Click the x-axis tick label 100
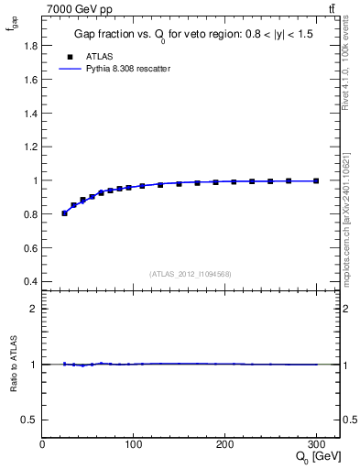tap(134, 444)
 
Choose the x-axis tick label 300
tap(317, 444)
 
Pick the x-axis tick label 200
tap(225, 444)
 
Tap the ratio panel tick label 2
tap(33, 309)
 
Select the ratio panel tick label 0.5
tap(29, 420)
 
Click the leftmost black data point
tap(64, 213)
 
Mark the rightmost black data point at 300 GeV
tap(316, 181)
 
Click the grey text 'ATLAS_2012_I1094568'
tap(191, 273)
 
